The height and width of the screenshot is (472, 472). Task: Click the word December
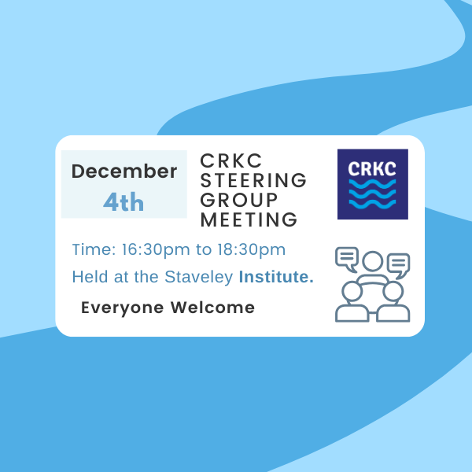[x=124, y=171]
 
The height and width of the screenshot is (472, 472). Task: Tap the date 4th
[x=124, y=201]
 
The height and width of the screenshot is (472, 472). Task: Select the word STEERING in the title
[x=253, y=180]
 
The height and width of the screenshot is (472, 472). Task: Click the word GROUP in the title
[x=238, y=200]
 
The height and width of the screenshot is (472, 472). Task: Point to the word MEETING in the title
[x=249, y=219]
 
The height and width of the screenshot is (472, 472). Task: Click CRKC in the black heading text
[x=230, y=160]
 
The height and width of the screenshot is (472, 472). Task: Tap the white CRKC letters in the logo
[x=372, y=169]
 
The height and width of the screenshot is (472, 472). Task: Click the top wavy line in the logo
[x=372, y=184]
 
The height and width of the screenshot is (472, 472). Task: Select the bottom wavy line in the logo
[x=372, y=204]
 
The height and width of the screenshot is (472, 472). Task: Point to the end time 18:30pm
[x=252, y=249]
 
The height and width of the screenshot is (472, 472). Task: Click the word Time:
[x=94, y=249]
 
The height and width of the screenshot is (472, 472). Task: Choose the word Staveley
[x=199, y=277]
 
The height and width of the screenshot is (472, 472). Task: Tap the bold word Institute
[x=276, y=277]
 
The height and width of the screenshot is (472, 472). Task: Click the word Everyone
[x=123, y=308]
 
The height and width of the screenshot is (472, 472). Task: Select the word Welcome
[x=212, y=308]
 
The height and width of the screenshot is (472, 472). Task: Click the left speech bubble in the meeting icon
[x=347, y=259]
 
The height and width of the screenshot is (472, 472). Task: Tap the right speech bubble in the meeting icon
[x=399, y=266]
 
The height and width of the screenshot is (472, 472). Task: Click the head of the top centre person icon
[x=373, y=260]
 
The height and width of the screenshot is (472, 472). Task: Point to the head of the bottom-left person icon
[x=352, y=291]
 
